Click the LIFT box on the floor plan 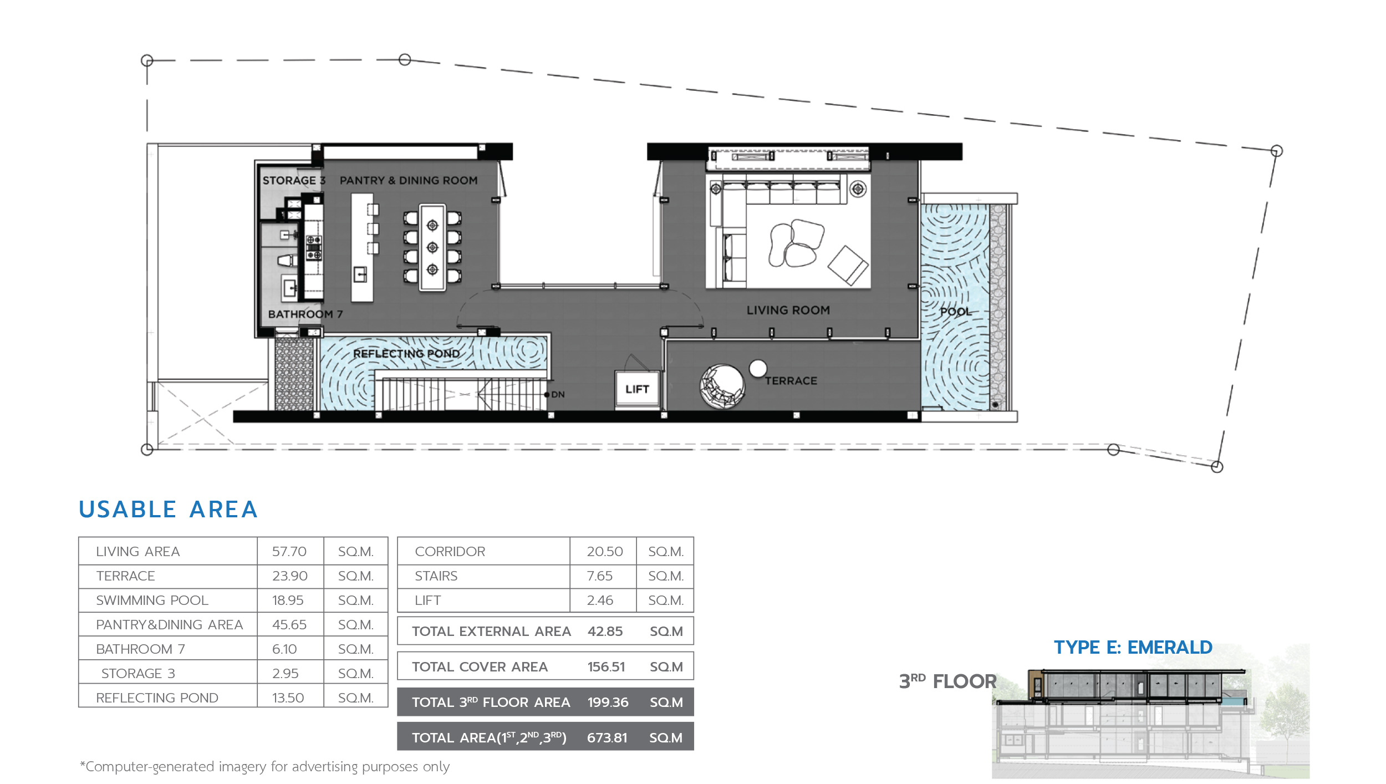point(637,390)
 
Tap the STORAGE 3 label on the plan point(294,181)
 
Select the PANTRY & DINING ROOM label point(409,181)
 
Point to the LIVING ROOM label point(788,310)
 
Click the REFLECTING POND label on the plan point(406,354)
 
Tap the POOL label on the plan point(956,312)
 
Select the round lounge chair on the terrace point(722,386)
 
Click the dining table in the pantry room point(432,248)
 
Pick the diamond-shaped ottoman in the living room point(848,266)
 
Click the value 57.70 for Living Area point(289,552)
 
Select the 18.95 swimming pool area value point(288,600)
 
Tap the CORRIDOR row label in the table point(450,552)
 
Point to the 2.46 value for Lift point(600,600)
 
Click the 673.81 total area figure point(607,738)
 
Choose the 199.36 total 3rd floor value point(608,702)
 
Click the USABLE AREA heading point(168,510)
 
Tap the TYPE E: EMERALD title point(1133,648)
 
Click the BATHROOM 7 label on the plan point(305,314)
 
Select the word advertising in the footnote point(325,767)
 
